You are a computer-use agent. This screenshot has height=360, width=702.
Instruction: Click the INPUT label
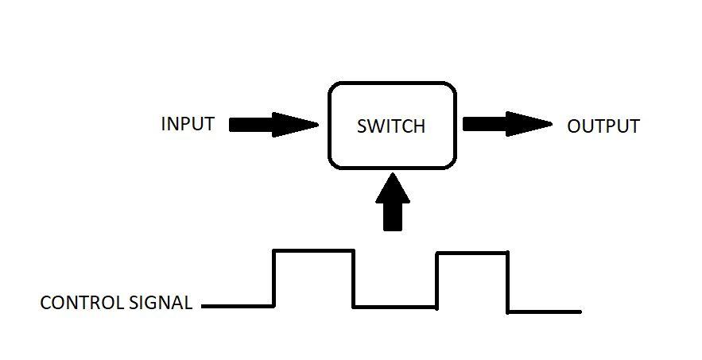(x=188, y=125)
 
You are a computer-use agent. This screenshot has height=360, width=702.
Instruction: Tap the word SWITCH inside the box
(x=391, y=126)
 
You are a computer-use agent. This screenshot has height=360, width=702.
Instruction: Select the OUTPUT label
(x=603, y=126)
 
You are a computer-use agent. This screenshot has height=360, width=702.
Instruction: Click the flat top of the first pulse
(x=313, y=250)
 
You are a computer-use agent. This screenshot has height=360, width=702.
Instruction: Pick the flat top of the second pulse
(x=472, y=253)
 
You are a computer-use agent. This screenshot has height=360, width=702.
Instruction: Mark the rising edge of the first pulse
(x=274, y=277)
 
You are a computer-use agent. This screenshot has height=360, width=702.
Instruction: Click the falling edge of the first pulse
(x=354, y=278)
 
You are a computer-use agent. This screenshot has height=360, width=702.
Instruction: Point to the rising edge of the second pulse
(x=437, y=280)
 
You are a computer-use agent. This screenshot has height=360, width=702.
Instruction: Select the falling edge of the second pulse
(x=508, y=281)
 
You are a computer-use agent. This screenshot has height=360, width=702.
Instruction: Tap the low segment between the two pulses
(x=395, y=306)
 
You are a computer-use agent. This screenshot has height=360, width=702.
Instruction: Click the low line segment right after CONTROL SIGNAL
(x=239, y=305)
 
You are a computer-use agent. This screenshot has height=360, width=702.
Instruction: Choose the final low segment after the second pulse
(x=545, y=311)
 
